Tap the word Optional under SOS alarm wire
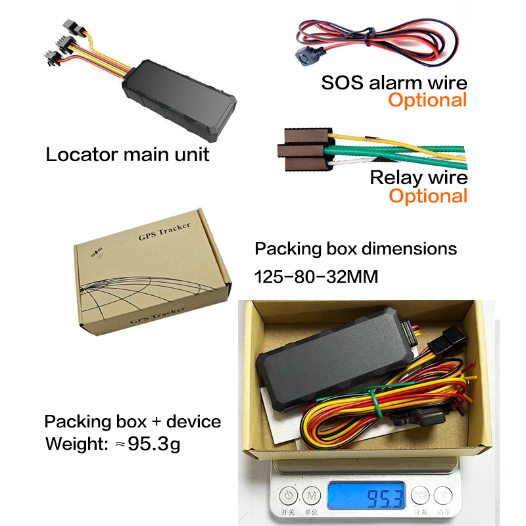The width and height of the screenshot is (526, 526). coord(428,101)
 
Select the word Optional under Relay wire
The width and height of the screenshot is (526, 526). coord(429,196)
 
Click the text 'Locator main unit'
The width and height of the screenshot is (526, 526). coord(128,155)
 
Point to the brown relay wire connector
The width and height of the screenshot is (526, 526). coord(304,150)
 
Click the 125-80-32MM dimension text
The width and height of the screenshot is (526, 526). coord(316,277)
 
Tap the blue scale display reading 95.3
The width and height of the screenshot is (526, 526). coord(366,496)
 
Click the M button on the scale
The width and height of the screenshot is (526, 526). coord(312,496)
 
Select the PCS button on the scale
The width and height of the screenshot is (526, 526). coord(420,495)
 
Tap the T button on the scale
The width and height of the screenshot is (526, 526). coord(443,495)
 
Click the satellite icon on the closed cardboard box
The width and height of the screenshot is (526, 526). coord(97,252)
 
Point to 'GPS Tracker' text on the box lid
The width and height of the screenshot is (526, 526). coord(164,231)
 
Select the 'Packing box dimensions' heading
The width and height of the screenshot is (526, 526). coord(356,249)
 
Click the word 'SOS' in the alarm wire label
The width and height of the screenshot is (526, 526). coord(342,83)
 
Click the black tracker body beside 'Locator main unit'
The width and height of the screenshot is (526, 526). coord(179,100)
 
